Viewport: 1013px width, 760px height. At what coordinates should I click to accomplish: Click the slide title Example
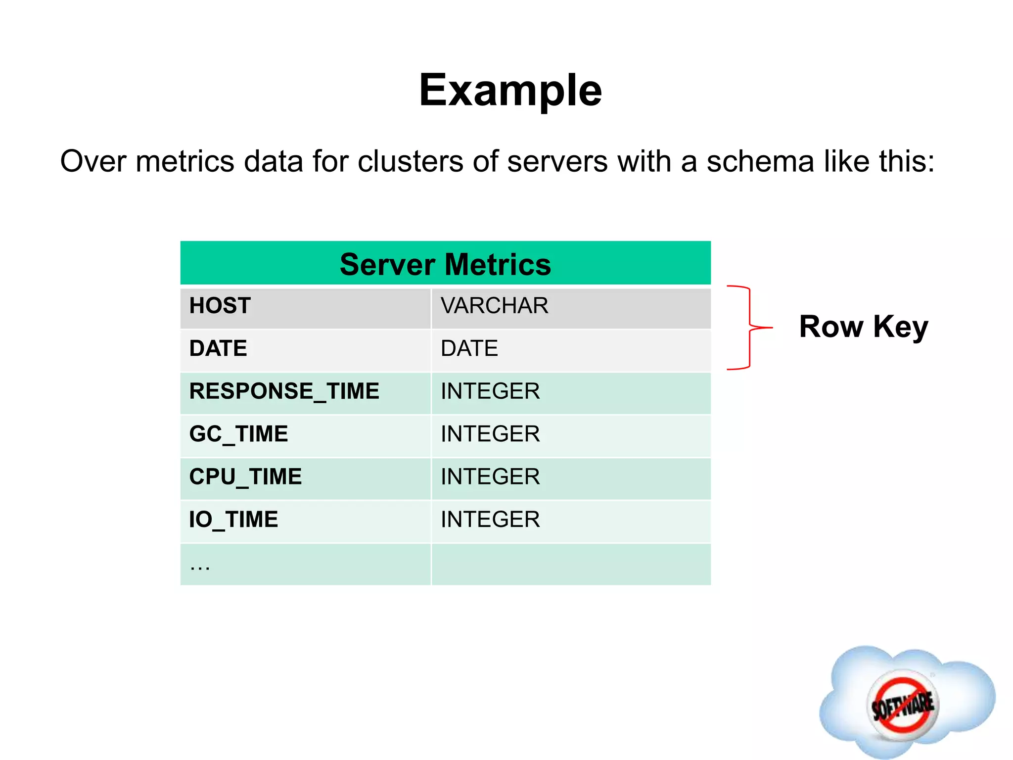pos(510,90)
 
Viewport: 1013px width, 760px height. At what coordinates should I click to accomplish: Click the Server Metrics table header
pos(445,264)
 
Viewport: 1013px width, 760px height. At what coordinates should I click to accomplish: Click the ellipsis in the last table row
pos(200,566)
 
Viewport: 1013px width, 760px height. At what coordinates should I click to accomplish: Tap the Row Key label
pos(863,327)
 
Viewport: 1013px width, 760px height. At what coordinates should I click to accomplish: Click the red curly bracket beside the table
pos(750,327)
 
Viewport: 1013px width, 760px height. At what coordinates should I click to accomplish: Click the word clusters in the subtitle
pos(410,162)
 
